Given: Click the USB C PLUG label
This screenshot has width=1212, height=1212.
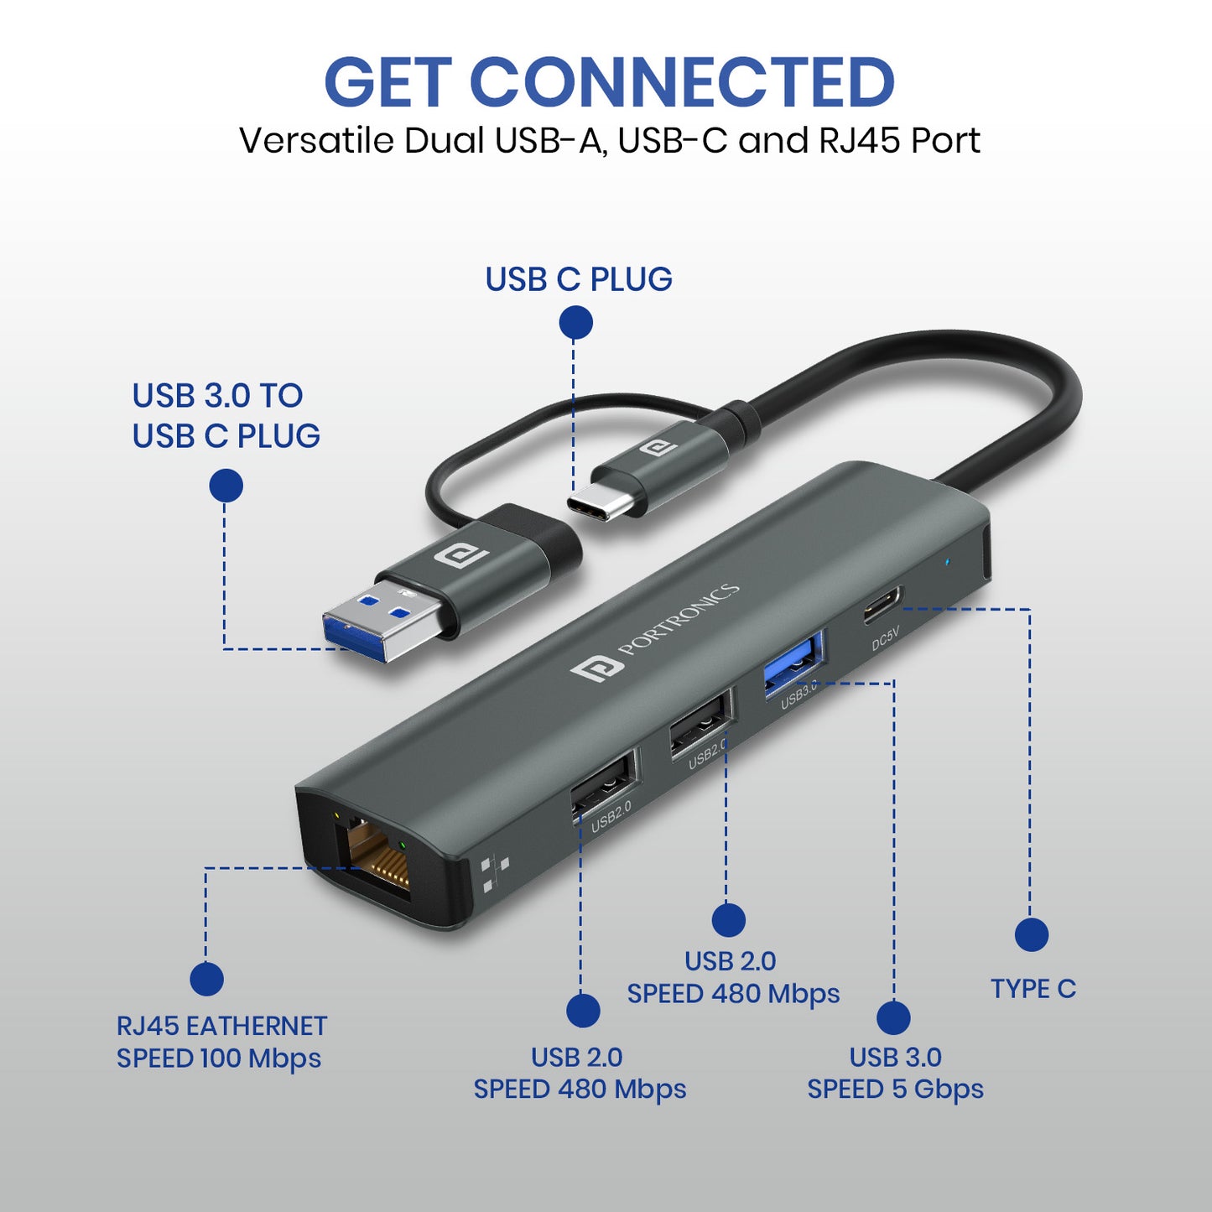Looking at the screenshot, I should pyautogui.click(x=578, y=279).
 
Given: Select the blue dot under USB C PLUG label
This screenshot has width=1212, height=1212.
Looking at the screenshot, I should pyautogui.click(x=575, y=322).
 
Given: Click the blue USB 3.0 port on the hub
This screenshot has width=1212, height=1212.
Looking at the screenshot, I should pyautogui.click(x=793, y=663).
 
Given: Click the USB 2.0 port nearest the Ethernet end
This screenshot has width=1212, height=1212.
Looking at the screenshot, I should pyautogui.click(x=601, y=783).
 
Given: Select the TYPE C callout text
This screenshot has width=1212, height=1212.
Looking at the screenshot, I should pyautogui.click(x=1033, y=989).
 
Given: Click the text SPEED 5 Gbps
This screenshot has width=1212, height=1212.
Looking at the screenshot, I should pyautogui.click(x=895, y=1090).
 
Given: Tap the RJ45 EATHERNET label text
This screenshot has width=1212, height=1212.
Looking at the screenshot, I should pyautogui.click(x=221, y=1026).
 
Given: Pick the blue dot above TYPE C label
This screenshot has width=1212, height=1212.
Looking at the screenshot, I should pyautogui.click(x=1031, y=934).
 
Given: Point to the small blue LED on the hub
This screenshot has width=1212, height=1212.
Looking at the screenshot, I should pyautogui.click(x=948, y=560).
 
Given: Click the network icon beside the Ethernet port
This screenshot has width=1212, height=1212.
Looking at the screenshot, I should pyautogui.click(x=495, y=874).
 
